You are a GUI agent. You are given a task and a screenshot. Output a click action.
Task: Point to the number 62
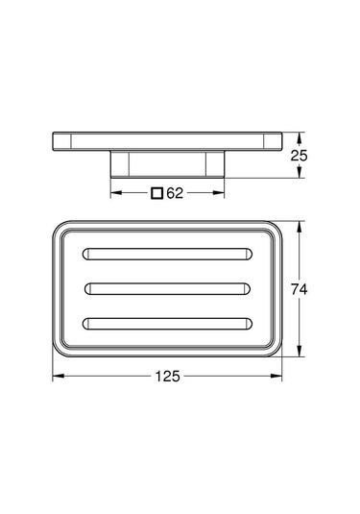coord(175,192)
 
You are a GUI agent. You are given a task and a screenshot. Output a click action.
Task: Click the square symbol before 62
coord(156,192)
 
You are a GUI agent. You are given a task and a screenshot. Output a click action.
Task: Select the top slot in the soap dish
coord(169,255)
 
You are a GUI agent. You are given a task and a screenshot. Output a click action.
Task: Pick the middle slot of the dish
coord(169,287)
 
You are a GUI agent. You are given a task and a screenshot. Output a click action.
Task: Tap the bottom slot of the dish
coord(169,322)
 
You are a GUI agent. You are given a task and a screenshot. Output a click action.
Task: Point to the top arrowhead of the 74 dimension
coord(303,227)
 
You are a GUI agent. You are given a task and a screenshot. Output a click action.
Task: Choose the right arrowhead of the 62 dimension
coord(223,192)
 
